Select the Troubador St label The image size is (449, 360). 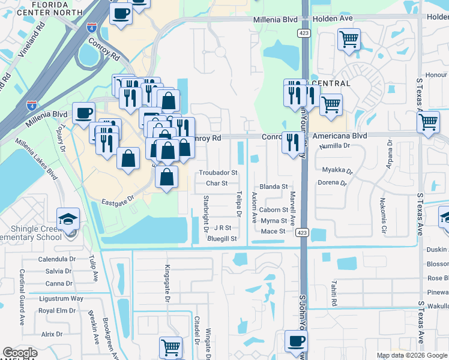click(x=218, y=172)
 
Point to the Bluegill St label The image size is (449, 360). click(x=222, y=238)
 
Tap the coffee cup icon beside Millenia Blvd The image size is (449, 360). click(x=84, y=112)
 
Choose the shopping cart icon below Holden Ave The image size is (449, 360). click(x=349, y=40)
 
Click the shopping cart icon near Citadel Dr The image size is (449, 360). click(x=171, y=347)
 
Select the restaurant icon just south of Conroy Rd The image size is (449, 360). click(x=292, y=142)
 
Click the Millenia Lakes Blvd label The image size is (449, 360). click(x=35, y=160)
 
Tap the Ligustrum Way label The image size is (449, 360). click(x=61, y=298)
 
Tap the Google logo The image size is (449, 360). click(x=20, y=353)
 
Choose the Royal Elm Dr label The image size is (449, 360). click(x=57, y=311)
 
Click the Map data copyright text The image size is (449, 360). click(x=412, y=355)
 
